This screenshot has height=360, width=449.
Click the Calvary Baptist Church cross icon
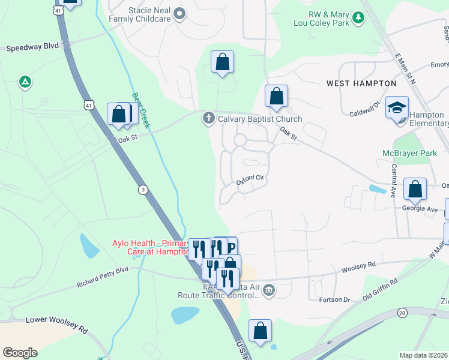pyautogui.click(x=209, y=118)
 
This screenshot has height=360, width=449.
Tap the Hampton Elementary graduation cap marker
pyautogui.click(x=397, y=107)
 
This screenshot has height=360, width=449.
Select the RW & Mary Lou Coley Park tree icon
pyautogui.click(x=358, y=17)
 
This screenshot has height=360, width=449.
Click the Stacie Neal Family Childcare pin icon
pyautogui.click(x=179, y=13)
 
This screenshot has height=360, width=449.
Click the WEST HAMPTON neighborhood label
pyautogui.click(x=361, y=83)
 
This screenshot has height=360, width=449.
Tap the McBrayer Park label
pyautogui.click(x=409, y=153)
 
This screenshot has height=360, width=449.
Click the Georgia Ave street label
pyautogui.click(x=420, y=209)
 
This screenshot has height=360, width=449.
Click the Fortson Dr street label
pyautogui.click(x=335, y=299)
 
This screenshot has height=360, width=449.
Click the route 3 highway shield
pyautogui.click(x=142, y=190)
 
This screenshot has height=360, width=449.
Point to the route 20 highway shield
pyautogui.click(x=403, y=313)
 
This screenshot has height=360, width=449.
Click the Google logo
pyautogui.click(x=20, y=353)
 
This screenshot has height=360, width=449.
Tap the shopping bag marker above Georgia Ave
pyautogui.click(x=415, y=190)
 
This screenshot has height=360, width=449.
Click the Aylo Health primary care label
pyautogui.click(x=151, y=247)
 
